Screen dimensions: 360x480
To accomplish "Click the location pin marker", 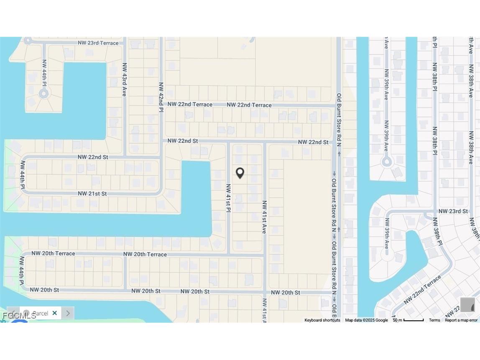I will tap(240, 173).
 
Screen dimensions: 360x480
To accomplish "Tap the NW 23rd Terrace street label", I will tap(101, 43).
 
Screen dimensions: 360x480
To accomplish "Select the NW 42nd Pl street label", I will tap(161, 97).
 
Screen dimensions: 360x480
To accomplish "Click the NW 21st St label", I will tap(92, 194).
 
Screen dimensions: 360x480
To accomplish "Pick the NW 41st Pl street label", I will tap(228, 198).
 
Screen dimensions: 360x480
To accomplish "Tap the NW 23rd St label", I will tap(453, 211).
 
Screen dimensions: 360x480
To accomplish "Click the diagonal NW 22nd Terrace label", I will tap(422, 289).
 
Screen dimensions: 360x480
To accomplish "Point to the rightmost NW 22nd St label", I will tap(313, 142).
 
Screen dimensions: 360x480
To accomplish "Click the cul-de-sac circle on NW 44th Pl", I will tap(43, 94).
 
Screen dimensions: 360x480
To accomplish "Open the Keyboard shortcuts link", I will tap(322, 320).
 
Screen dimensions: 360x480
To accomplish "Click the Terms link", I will tap(434, 320).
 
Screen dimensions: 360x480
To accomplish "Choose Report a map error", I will tap(461, 320).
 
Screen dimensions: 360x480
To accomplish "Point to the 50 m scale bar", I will tap(408, 320).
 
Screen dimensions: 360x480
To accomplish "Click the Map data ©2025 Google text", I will tap(366, 320).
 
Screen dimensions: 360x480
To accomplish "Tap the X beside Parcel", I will tap(55, 313).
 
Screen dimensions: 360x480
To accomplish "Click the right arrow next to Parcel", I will tap(68, 313).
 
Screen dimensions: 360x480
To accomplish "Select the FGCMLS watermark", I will tap(19, 316).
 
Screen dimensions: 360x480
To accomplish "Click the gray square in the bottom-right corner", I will tap(468, 305).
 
